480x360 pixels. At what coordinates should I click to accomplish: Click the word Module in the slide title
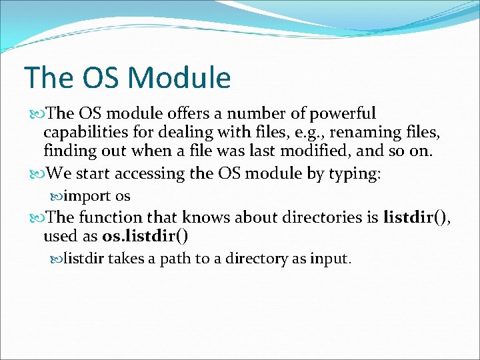pyautogui.click(x=179, y=78)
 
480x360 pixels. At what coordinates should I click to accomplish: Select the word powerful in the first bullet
pyautogui.click(x=344, y=114)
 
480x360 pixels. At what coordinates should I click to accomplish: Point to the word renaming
pyautogui.click(x=361, y=133)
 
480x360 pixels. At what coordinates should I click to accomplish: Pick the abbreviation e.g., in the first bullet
pyautogui.click(x=306, y=133)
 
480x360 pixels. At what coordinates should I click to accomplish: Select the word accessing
pyautogui.click(x=150, y=175)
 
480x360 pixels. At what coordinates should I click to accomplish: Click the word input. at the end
pyautogui.click(x=330, y=259)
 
